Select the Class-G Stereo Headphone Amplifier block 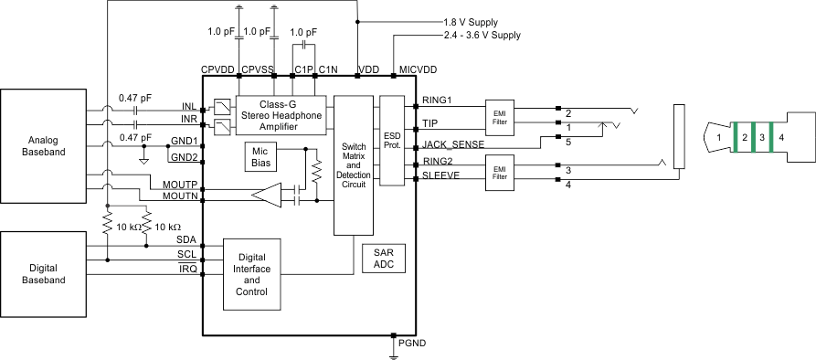point(280,114)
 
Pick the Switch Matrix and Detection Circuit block point(353,164)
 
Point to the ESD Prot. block point(391,141)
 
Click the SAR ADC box point(384,258)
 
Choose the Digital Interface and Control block point(251,275)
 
